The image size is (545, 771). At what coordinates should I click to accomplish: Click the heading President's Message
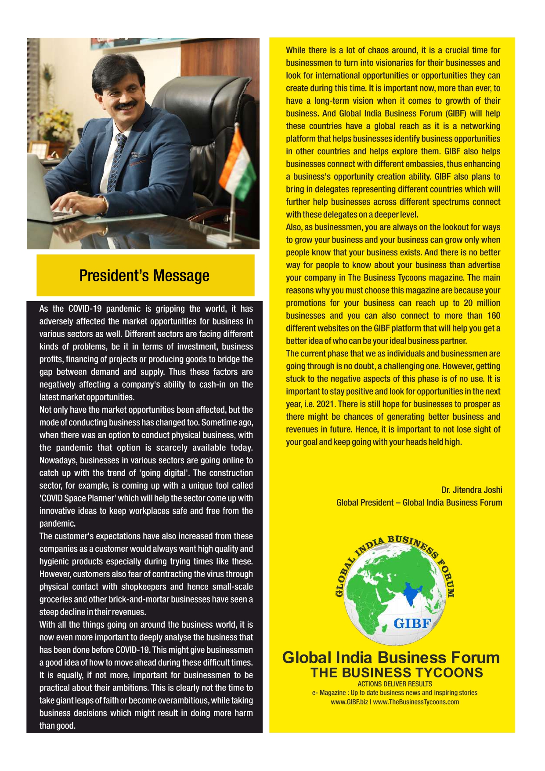tap(144, 276)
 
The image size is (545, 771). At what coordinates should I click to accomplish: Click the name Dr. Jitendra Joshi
tap(471, 490)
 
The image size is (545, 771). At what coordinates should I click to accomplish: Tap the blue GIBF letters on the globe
tap(412, 623)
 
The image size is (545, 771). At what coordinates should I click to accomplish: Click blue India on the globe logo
tap(410, 592)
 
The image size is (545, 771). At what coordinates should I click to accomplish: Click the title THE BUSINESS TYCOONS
tap(397, 673)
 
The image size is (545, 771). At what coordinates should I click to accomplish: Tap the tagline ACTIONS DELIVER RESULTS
tap(394, 684)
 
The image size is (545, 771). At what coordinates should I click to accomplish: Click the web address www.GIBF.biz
tap(349, 702)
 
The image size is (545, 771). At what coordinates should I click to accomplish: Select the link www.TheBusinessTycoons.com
tap(416, 702)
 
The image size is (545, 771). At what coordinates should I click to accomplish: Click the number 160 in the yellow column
tap(493, 316)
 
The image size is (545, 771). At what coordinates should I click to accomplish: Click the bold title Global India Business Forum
tap(391, 658)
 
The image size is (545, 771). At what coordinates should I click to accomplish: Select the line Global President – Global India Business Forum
tap(419, 502)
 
